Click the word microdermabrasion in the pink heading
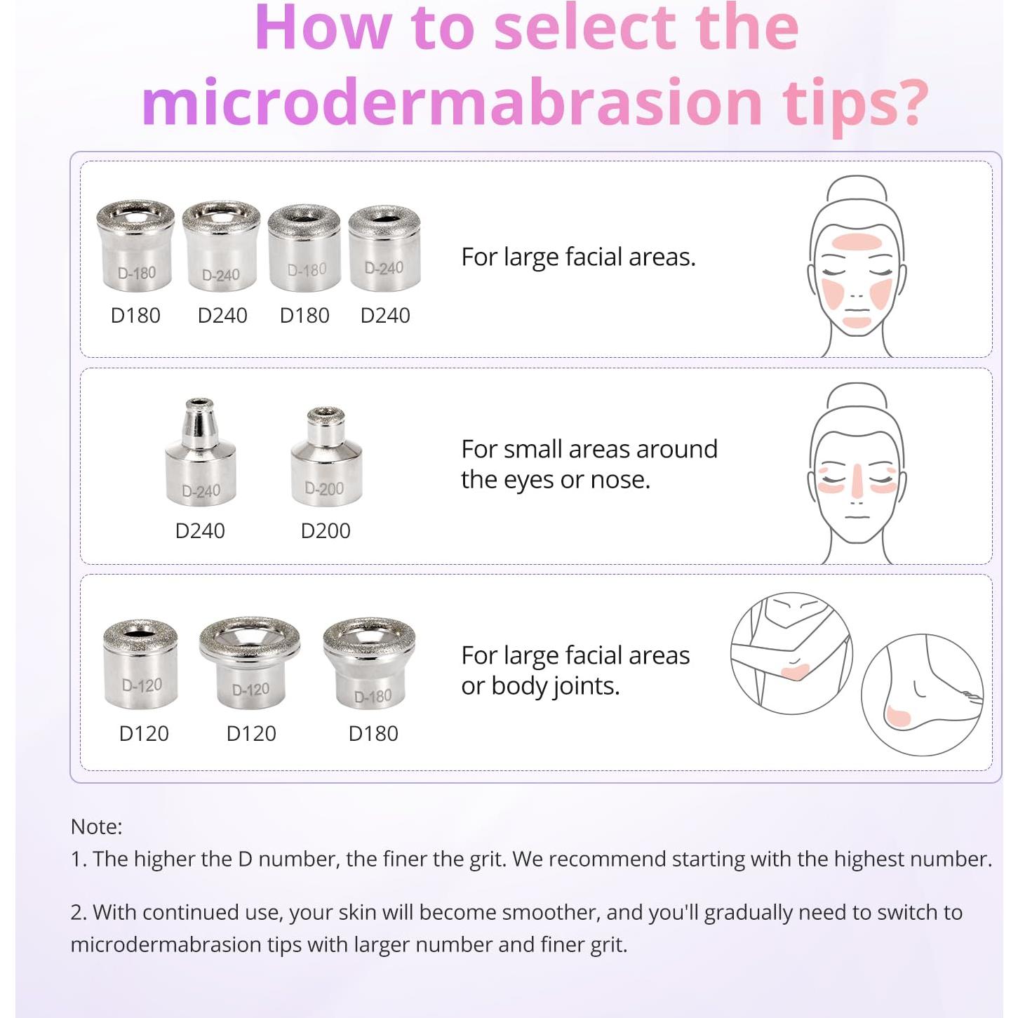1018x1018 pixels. pyautogui.click(x=453, y=103)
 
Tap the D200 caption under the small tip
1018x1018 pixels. pyautogui.click(x=326, y=531)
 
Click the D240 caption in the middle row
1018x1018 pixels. pyautogui.click(x=200, y=531)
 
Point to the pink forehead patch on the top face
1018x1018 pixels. pyautogui.click(x=857, y=242)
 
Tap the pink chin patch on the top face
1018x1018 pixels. pyautogui.click(x=857, y=322)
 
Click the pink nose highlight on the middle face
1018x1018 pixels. pyautogui.click(x=857, y=481)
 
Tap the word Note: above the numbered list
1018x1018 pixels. pyautogui.click(x=96, y=826)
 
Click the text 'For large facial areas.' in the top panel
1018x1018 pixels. pyautogui.click(x=578, y=257)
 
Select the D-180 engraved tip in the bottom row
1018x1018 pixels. pyautogui.click(x=369, y=664)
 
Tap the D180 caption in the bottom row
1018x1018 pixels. pyautogui.click(x=373, y=734)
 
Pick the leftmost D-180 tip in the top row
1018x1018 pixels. pyautogui.click(x=135, y=246)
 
